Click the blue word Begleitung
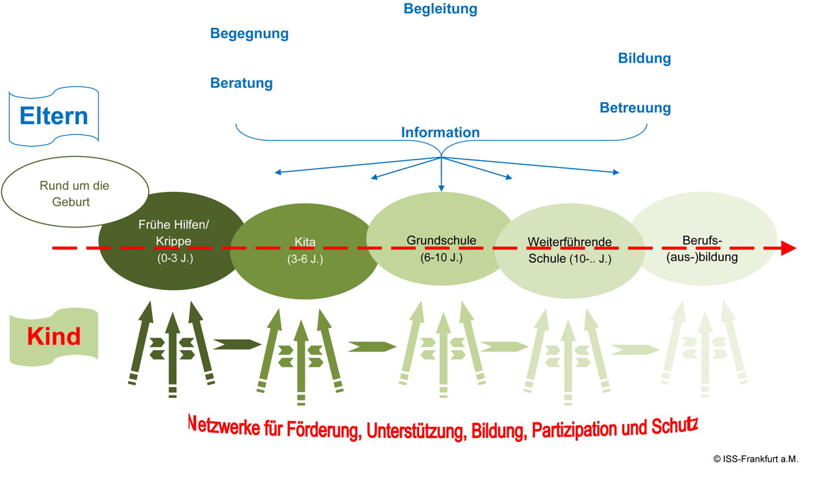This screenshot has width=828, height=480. tap(440, 9)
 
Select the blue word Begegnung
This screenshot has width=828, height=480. tap(249, 34)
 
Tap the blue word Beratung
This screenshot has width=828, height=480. tap(241, 83)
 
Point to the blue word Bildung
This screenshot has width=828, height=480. tap(644, 59)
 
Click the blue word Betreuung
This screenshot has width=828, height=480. tap(635, 108)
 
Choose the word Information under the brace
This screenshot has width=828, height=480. tap(440, 132)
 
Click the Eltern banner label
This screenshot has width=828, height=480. tap(54, 116)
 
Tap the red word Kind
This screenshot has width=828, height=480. tap(54, 337)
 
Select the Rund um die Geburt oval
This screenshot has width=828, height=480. tap(74, 194)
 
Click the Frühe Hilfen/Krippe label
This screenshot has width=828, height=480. tap(173, 233)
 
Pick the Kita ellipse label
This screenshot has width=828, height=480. tap(305, 243)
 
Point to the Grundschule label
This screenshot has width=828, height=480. tap(441, 240)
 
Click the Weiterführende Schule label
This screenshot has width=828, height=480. tap(569, 251)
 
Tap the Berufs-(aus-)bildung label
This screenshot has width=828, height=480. tap(702, 249)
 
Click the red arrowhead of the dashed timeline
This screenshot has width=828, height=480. tap(789, 248)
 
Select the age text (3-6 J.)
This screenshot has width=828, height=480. tap(305, 260)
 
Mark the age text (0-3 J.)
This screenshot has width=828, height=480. tap(175, 258)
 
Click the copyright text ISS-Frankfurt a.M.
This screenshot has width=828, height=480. tap(756, 459)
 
